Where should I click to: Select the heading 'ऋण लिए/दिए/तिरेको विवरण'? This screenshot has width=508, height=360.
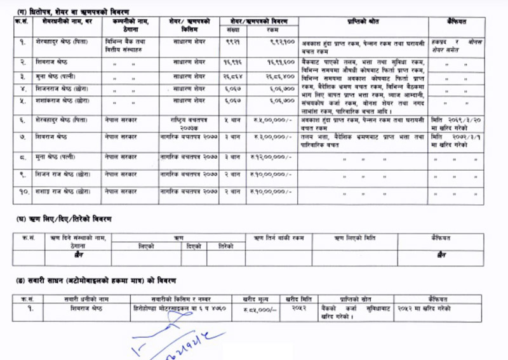click(x=63, y=219)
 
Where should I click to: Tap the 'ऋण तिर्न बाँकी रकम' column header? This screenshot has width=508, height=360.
click(x=279, y=238)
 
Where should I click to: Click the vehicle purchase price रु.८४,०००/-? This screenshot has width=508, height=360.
click(x=257, y=309)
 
